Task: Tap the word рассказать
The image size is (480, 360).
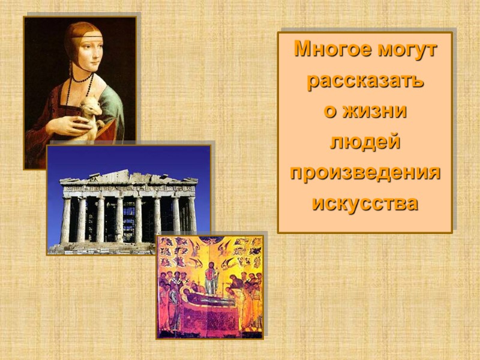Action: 365,80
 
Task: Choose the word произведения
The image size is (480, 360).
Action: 365,172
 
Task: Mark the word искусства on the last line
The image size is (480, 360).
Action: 365,203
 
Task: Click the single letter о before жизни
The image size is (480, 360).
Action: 328,112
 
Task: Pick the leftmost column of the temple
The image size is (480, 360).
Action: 66,220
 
